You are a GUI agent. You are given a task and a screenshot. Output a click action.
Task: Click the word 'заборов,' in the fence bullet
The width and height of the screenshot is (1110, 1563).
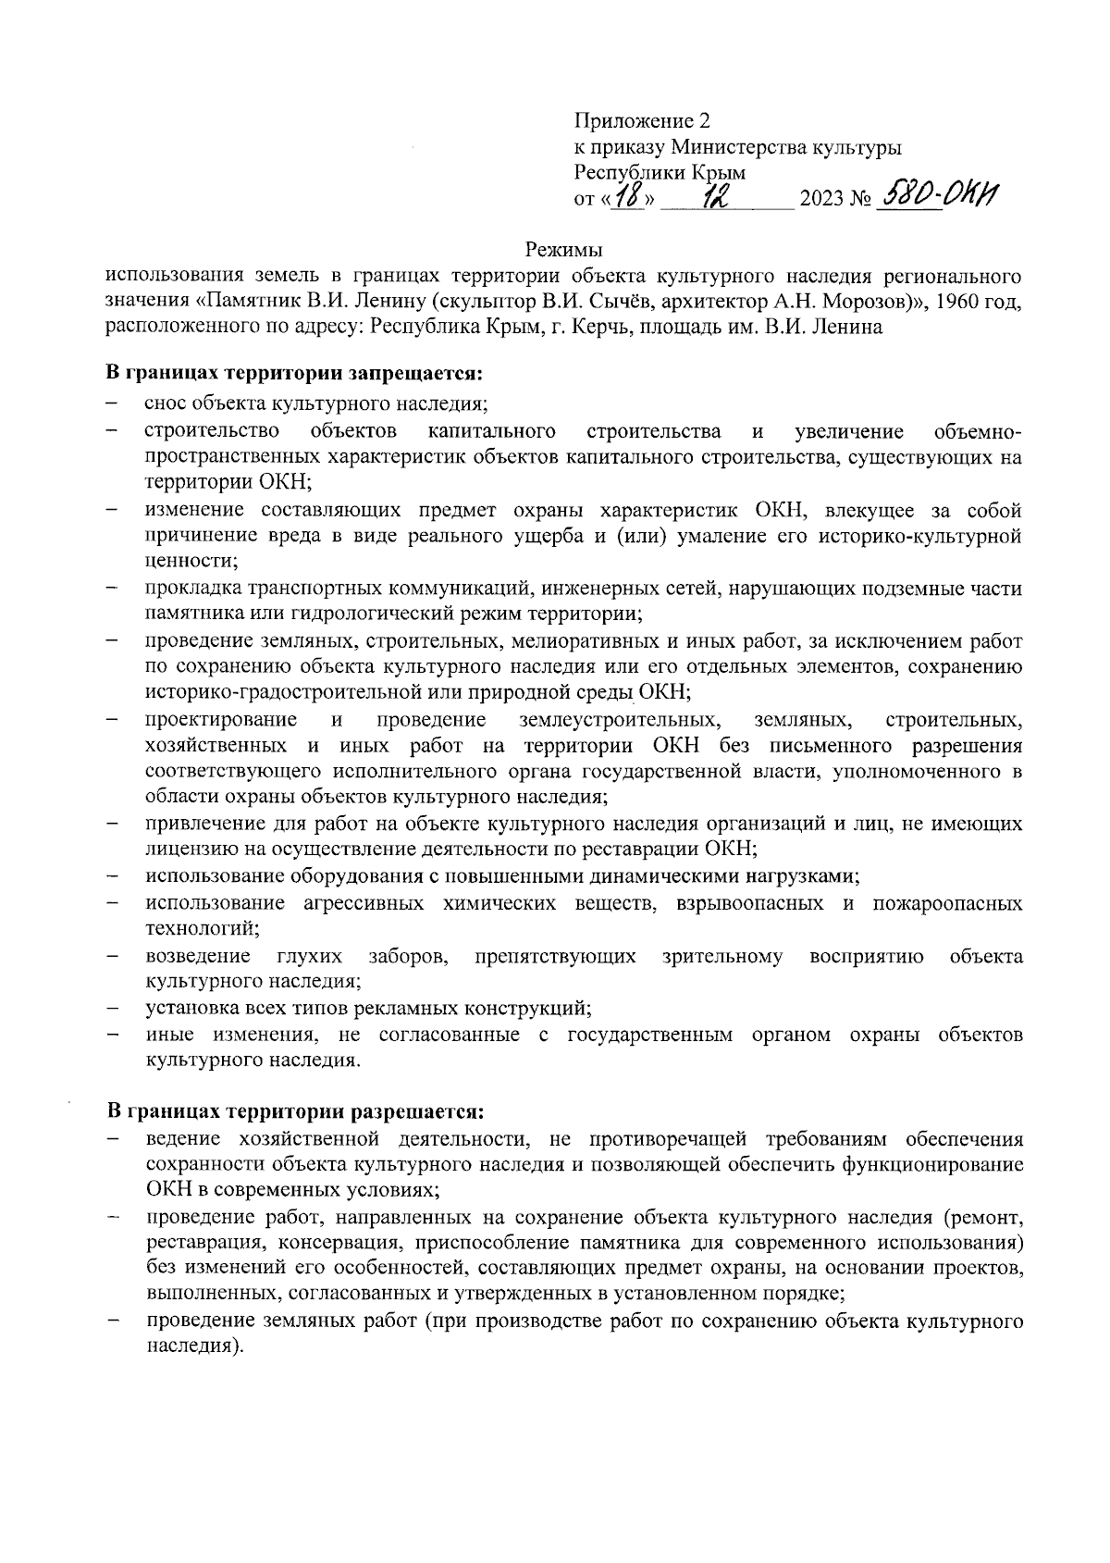(409, 956)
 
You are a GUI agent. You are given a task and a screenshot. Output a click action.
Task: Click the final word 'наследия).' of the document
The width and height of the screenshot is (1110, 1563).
(194, 1346)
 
